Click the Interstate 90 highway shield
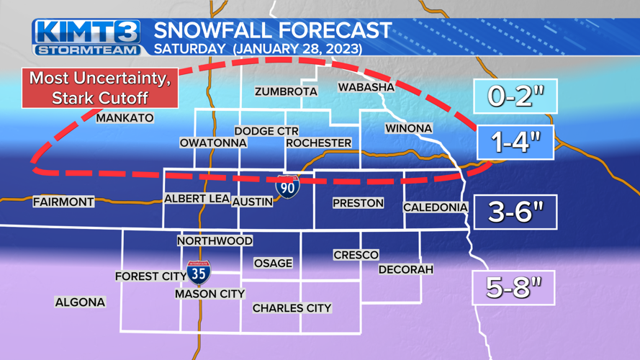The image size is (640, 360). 288,186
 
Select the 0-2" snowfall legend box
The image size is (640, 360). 515,96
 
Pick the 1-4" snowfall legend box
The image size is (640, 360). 515,142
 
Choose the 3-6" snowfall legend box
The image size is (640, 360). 515,212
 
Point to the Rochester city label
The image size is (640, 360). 318,143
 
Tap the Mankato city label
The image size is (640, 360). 125,118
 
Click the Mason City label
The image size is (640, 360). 210,294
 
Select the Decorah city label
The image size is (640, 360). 406,269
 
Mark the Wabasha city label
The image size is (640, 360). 366,87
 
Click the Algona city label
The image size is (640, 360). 80,302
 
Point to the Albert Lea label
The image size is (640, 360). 197,199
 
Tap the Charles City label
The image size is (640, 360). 292,308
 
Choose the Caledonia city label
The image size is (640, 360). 436,207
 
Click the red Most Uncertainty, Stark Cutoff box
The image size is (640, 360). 100,88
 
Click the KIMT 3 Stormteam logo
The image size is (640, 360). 86,37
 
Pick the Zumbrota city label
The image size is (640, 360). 286,91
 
